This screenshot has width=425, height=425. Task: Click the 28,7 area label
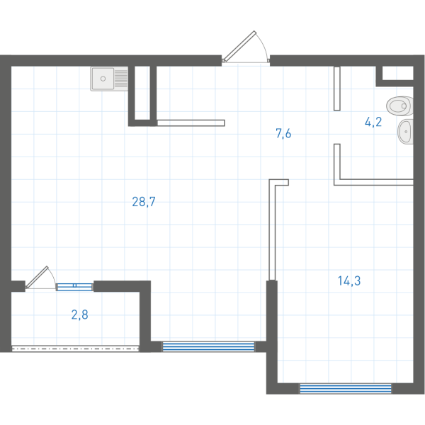click(144, 202)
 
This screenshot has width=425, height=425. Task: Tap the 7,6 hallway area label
click(283, 134)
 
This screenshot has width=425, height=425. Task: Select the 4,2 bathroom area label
click(373, 122)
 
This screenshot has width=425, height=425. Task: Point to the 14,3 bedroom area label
click(349, 281)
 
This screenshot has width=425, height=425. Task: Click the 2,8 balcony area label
click(79, 315)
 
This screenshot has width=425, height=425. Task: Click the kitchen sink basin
click(103, 79)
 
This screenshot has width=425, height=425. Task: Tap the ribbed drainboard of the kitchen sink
click(121, 79)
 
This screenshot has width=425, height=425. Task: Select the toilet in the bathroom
click(399, 106)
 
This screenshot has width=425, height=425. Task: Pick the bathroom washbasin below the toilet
click(405, 132)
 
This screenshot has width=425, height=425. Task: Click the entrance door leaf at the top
click(239, 46)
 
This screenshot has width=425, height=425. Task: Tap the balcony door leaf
click(37, 277)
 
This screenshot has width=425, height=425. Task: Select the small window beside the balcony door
click(74, 287)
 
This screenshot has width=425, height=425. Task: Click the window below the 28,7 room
click(208, 346)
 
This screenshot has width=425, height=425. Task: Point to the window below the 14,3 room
click(346, 389)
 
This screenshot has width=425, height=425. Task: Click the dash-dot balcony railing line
click(75, 348)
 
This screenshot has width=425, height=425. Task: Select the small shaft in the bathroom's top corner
click(397, 73)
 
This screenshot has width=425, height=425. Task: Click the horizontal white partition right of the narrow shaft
click(191, 123)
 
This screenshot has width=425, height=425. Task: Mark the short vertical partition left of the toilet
click(337, 89)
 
